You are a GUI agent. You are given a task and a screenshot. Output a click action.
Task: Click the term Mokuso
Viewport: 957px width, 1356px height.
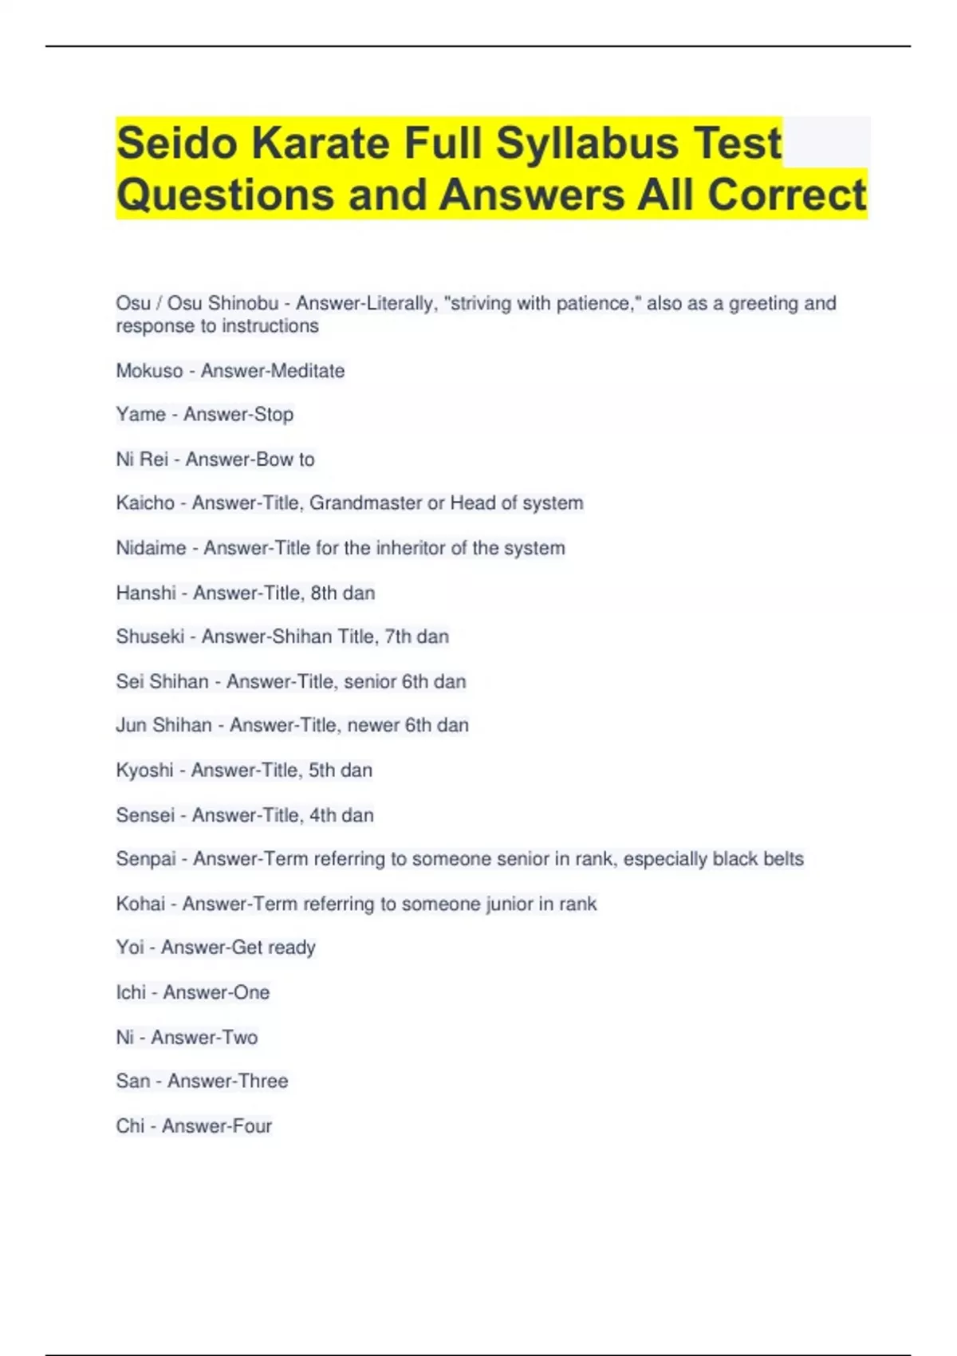click(149, 371)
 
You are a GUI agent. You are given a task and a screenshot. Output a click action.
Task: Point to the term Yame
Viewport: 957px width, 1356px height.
click(140, 415)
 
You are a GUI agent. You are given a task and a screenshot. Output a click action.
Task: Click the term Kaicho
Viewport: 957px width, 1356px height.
click(145, 503)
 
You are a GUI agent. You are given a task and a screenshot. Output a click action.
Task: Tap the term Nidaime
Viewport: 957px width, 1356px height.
click(151, 548)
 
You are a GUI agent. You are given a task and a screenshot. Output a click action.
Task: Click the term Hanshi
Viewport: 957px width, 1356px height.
click(146, 593)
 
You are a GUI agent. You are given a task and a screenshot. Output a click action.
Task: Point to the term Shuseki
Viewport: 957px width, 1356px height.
click(150, 637)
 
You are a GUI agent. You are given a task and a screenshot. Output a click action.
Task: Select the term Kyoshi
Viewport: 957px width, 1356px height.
click(144, 771)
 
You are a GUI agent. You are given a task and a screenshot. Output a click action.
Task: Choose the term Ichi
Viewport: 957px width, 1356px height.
click(131, 992)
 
